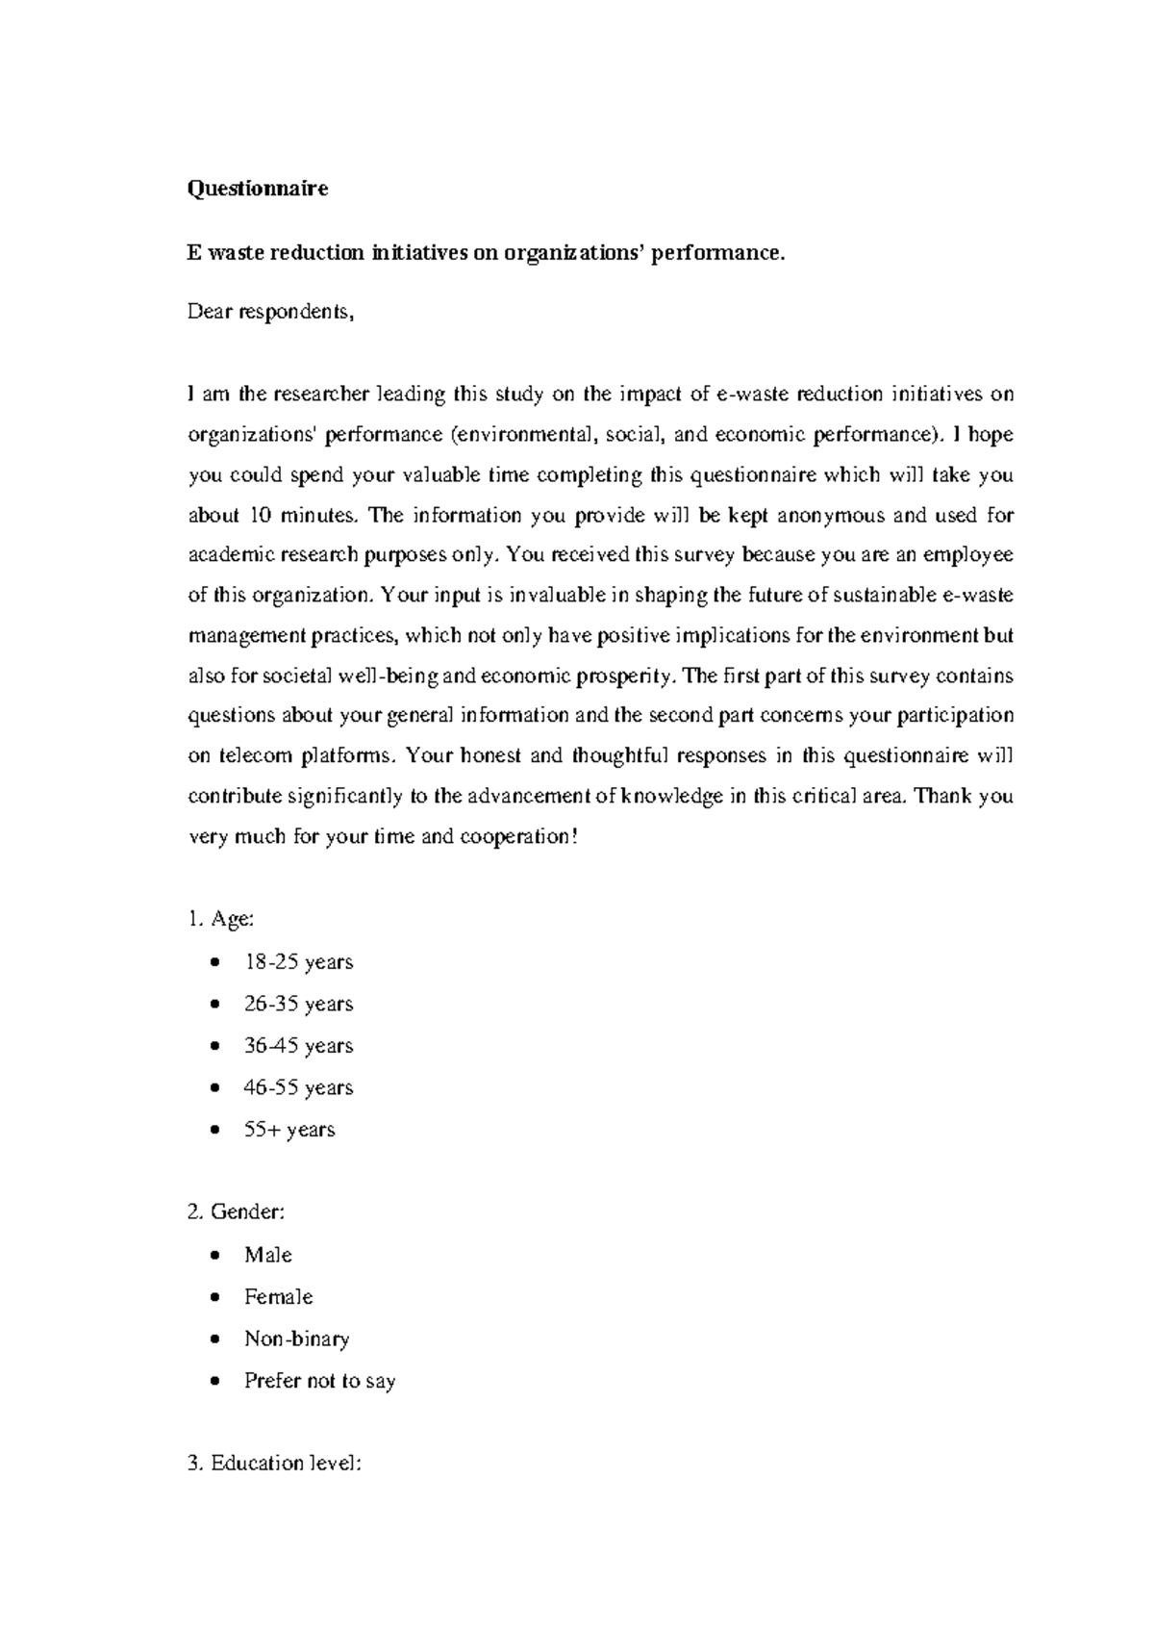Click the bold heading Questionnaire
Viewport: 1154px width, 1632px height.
(x=257, y=189)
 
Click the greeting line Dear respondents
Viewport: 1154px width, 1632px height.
(x=270, y=312)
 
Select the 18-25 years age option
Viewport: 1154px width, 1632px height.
(x=298, y=962)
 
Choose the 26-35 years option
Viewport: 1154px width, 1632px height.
(x=298, y=1004)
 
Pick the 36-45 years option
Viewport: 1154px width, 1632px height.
(x=298, y=1046)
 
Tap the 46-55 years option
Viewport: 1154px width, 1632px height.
(x=298, y=1087)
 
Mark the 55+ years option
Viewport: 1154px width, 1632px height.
(x=289, y=1130)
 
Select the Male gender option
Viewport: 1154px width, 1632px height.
(x=267, y=1255)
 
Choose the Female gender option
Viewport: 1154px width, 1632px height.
(x=278, y=1297)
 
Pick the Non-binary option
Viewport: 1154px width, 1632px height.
(x=296, y=1339)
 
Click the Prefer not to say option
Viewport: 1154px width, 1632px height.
(x=319, y=1381)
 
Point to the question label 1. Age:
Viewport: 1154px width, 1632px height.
(x=221, y=919)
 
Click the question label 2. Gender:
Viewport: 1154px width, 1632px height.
(x=236, y=1212)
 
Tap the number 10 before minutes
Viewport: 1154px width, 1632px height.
(x=260, y=516)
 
